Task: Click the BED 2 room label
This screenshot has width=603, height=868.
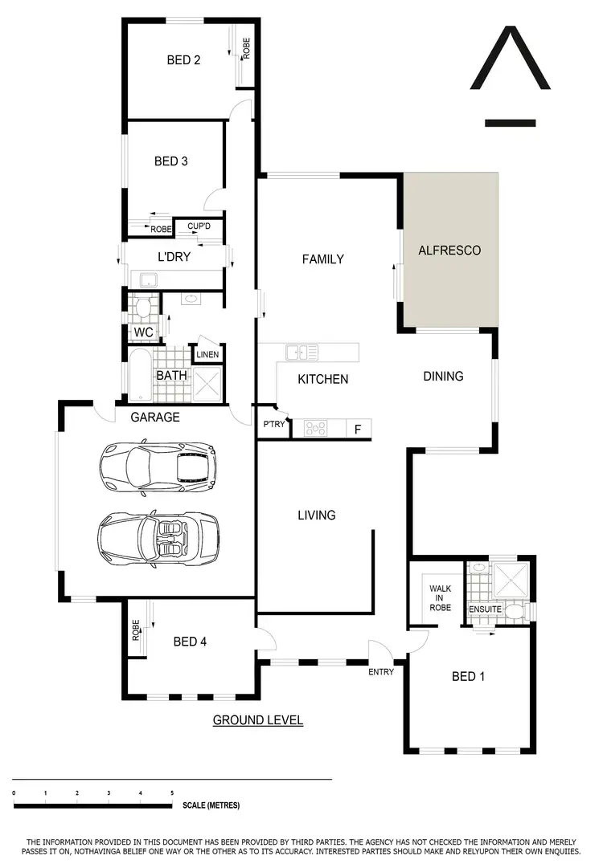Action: pos(183,59)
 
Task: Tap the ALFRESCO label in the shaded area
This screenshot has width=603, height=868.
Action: pos(449,251)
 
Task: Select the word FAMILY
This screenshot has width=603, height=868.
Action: pos(322,259)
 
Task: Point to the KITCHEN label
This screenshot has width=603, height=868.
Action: pos(323,378)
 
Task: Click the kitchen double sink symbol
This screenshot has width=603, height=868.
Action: pos(301,352)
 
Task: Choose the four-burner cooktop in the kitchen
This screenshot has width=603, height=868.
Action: pos(314,429)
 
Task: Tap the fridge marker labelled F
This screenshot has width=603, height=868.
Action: pos(358,430)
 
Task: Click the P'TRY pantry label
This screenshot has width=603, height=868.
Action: pos(273,425)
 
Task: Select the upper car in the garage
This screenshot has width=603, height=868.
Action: pos(158,466)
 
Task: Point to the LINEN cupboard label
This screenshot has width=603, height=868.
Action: pos(207,354)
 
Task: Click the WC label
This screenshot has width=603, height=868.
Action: pos(143,332)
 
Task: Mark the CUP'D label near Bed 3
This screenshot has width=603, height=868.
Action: pos(199,227)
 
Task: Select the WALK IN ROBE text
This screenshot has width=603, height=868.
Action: pos(440,598)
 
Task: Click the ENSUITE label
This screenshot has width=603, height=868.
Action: pos(486,609)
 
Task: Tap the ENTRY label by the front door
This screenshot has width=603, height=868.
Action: pos(381,671)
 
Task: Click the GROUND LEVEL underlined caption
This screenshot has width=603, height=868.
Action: pos(257,720)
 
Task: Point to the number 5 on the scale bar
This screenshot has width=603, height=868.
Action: pos(171,793)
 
